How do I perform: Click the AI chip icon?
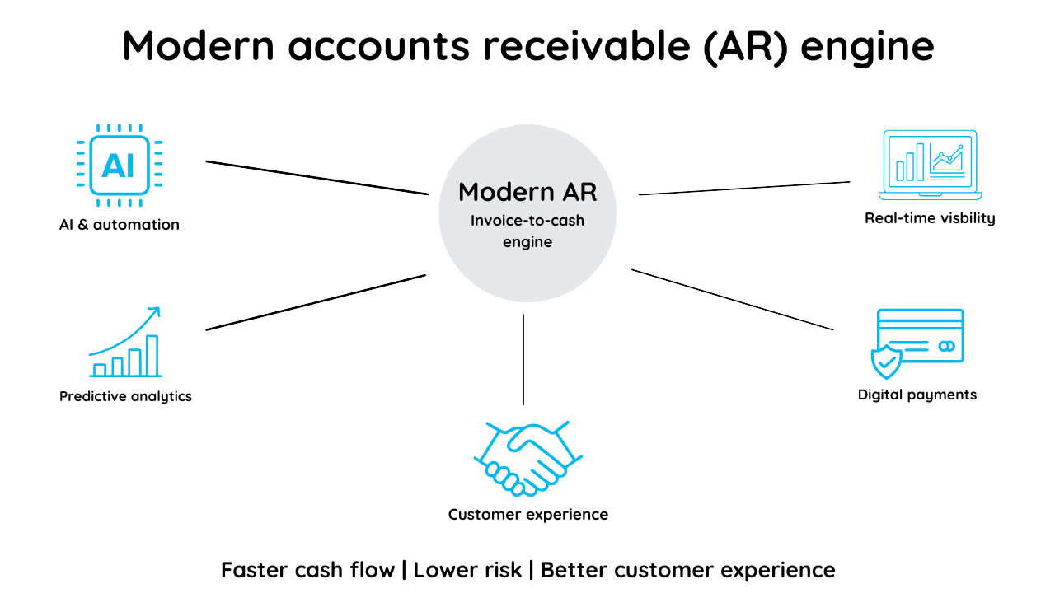click(120, 165)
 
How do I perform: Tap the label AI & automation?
click(120, 225)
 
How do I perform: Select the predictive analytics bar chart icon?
click(126, 343)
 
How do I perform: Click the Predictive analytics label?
click(125, 396)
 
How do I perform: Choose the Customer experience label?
click(527, 515)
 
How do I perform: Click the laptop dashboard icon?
click(930, 164)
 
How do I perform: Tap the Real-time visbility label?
click(930, 218)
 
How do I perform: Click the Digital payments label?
click(917, 395)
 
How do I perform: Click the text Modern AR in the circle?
click(527, 192)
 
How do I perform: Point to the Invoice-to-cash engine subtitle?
click(527, 231)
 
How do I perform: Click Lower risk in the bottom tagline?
click(467, 570)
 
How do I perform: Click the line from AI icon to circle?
click(317, 178)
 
